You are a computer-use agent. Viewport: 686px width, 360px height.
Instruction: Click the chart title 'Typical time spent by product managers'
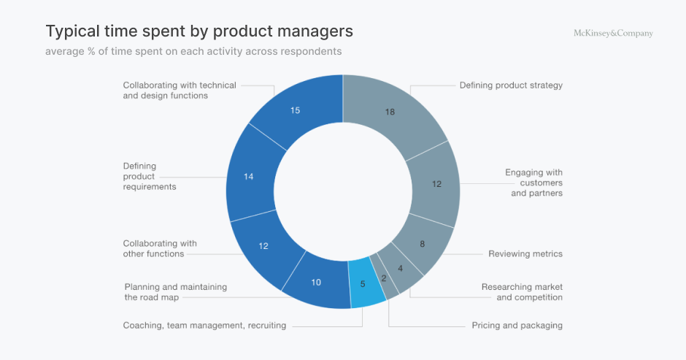point(199,31)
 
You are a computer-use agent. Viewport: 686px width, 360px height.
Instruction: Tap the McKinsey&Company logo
point(613,33)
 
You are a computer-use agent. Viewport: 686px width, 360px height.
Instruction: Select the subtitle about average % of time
point(193,52)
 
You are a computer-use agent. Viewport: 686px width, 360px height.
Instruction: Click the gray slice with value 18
point(390,112)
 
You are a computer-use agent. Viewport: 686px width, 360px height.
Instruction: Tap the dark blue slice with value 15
point(295,110)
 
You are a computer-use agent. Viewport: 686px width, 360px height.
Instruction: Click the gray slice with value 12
point(436,184)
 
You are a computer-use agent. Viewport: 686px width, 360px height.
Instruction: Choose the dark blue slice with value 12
point(264,246)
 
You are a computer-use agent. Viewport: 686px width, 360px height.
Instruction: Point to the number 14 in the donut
point(249,177)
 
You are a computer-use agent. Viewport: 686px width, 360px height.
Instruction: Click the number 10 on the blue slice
point(316,282)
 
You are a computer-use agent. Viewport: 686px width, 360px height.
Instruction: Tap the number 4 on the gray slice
point(400,268)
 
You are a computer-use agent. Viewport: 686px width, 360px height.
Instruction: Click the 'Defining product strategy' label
point(511,85)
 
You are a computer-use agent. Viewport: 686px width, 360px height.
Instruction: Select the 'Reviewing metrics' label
point(525,254)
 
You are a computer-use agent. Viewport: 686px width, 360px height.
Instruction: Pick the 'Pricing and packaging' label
point(517,325)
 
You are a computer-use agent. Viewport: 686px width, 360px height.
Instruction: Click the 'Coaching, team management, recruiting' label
point(204,325)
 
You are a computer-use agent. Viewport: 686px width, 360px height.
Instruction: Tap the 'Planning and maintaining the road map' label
point(175,292)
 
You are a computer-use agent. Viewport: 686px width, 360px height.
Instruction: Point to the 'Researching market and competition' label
point(522,292)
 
